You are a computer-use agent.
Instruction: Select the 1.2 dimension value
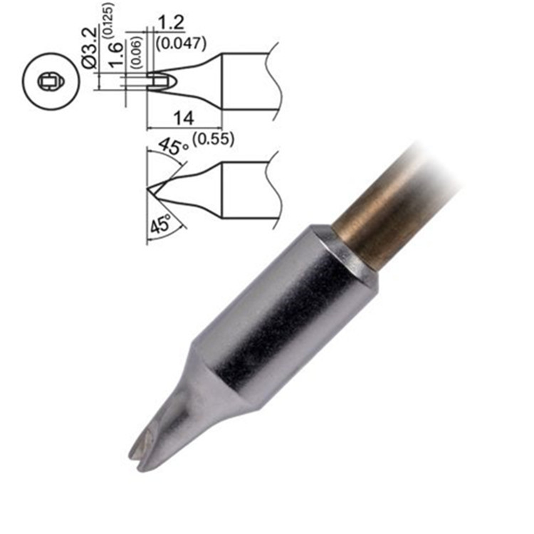coord(173,23)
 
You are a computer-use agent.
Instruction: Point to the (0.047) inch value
coord(182,42)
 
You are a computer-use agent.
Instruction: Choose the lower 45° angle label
coord(161,226)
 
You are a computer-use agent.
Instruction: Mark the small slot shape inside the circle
coord(48,82)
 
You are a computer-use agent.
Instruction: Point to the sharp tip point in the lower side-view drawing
coord(148,189)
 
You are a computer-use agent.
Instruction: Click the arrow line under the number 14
coord(183,129)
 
